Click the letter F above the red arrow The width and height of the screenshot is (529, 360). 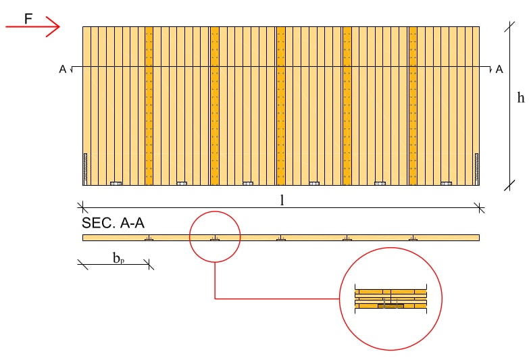(28, 18)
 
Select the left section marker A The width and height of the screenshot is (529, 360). (63, 69)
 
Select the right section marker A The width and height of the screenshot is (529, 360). (499, 69)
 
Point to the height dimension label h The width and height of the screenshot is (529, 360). (520, 98)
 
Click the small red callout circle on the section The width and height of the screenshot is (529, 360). (215, 236)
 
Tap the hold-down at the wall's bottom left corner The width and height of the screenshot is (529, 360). (85, 169)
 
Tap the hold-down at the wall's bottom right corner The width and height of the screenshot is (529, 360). (476, 169)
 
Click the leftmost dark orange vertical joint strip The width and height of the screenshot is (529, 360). (149, 105)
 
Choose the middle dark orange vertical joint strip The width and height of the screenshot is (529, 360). (280, 105)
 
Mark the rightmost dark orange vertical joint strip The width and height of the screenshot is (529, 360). (413, 105)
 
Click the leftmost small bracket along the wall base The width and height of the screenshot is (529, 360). (116, 183)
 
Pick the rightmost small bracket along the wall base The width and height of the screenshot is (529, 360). (446, 183)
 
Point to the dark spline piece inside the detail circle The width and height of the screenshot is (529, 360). (390, 306)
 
